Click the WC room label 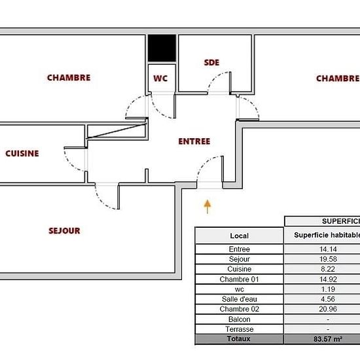coord(160,79)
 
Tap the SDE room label coord(211,62)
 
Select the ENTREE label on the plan coord(194,141)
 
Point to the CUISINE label coord(22,153)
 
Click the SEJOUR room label coord(64,230)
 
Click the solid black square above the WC coord(162,48)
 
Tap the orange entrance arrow coord(207,207)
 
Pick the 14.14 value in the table coord(328,249)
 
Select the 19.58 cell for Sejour coord(328,259)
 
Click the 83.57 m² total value coord(328,339)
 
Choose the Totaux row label coord(238,338)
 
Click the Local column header coord(239,236)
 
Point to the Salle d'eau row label coord(239,299)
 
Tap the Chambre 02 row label coord(239,309)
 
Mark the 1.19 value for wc coord(328,289)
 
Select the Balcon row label coord(239,319)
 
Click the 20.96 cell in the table coord(328,309)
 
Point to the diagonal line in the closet coord(117,131)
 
